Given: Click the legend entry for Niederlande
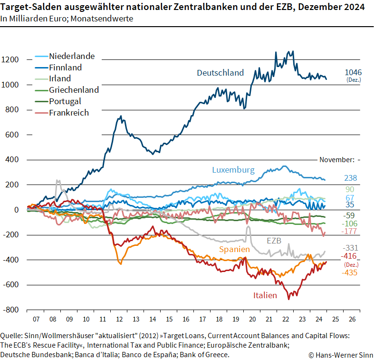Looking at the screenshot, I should coord(72,56).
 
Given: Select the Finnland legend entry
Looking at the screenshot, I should coord(65,68).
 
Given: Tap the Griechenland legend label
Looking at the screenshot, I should coord(74,90).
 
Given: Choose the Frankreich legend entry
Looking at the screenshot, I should coord(69,113).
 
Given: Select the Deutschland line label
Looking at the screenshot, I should coord(220,73).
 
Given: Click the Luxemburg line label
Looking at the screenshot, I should coord(233,170).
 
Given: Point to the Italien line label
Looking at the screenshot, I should coord(265,295).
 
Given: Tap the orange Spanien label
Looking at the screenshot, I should coord(234,249).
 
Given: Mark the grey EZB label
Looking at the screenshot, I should coord(274,241).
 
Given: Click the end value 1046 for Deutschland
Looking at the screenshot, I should coord(353,72).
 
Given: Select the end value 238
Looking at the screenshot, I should coord(351,178).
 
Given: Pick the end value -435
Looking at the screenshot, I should coord(349,272).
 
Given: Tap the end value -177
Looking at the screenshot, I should coord(349,231).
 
